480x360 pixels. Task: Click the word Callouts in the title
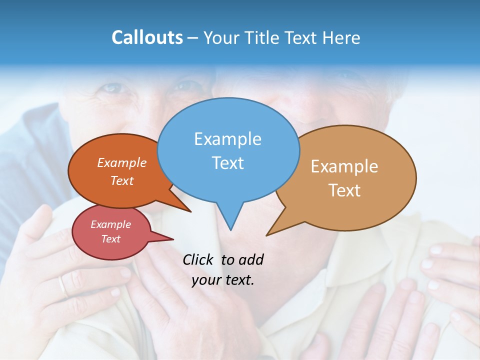(x=147, y=37)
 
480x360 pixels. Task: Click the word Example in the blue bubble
(x=227, y=138)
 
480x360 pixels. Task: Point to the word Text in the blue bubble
(x=227, y=162)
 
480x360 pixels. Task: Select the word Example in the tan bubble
(x=344, y=166)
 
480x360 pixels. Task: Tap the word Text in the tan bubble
(x=344, y=190)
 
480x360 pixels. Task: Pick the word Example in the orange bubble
(x=122, y=162)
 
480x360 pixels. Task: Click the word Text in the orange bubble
(x=122, y=180)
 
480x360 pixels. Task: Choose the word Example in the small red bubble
(x=110, y=224)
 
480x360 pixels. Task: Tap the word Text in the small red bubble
(x=110, y=239)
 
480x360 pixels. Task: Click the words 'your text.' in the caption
(x=223, y=280)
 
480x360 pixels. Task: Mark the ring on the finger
(x=62, y=286)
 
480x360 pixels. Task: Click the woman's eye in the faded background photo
(x=112, y=88)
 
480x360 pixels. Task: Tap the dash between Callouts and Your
(x=192, y=38)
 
